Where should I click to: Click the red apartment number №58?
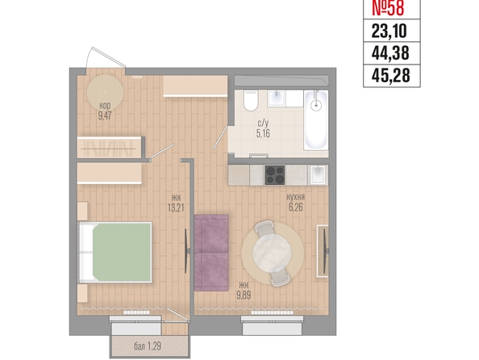[388, 8]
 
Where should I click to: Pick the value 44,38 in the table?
[390, 53]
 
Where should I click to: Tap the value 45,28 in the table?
[390, 76]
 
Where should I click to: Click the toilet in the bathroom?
[251, 100]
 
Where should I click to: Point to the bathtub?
[316, 119]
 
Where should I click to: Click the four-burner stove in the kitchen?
[275, 175]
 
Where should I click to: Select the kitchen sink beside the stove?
[318, 175]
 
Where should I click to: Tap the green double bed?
[115, 252]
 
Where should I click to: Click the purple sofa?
[211, 253]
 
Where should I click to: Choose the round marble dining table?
[272, 253]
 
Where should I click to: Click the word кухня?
[295, 197]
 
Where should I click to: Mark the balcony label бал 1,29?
[148, 346]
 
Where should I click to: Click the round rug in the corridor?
[105, 93]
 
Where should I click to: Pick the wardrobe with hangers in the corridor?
[109, 148]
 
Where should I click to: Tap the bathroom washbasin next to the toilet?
[277, 98]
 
